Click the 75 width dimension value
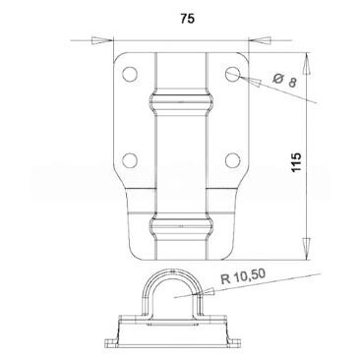click(x=187, y=19)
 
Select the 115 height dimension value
click(x=296, y=162)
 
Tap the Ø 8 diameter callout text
click(x=284, y=81)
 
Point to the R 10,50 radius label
click(x=243, y=276)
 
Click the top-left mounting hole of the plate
click(x=130, y=74)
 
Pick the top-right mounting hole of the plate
click(x=233, y=74)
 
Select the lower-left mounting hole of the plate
click(x=130, y=160)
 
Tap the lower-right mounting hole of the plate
click(x=233, y=160)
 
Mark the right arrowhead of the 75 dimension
click(x=260, y=40)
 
